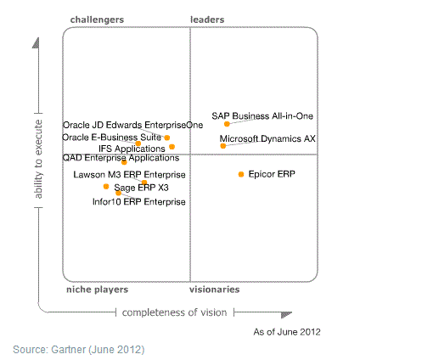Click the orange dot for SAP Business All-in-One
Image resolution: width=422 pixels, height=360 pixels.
tap(227, 124)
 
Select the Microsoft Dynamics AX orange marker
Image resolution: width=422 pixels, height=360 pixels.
tap(223, 146)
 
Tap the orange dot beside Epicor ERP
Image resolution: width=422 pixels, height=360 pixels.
tap(241, 174)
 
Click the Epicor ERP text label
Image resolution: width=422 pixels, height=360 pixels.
tap(272, 174)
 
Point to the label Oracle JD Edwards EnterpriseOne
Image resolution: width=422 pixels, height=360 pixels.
tap(132, 125)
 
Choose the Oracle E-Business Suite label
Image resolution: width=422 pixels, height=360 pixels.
tap(111, 138)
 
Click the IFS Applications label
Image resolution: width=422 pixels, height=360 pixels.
tap(132, 149)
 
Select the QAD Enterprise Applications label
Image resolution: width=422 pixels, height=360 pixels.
tap(121, 158)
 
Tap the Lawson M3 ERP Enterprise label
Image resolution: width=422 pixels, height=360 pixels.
tap(129, 175)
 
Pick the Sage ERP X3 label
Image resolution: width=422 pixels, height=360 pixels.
tap(141, 188)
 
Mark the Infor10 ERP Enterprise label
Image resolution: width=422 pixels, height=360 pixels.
tap(139, 202)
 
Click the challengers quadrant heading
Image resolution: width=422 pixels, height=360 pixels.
tap(97, 20)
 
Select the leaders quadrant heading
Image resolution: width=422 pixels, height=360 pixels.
tap(207, 20)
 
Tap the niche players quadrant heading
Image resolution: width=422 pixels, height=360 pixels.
tap(97, 290)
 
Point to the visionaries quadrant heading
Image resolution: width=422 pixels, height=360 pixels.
tap(215, 290)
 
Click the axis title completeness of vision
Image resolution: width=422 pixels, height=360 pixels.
tap(174, 312)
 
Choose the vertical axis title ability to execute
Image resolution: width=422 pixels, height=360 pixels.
tap(38, 160)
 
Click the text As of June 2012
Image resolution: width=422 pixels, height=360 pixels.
tap(287, 332)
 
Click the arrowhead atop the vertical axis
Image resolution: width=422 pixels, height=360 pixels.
tap(36, 43)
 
